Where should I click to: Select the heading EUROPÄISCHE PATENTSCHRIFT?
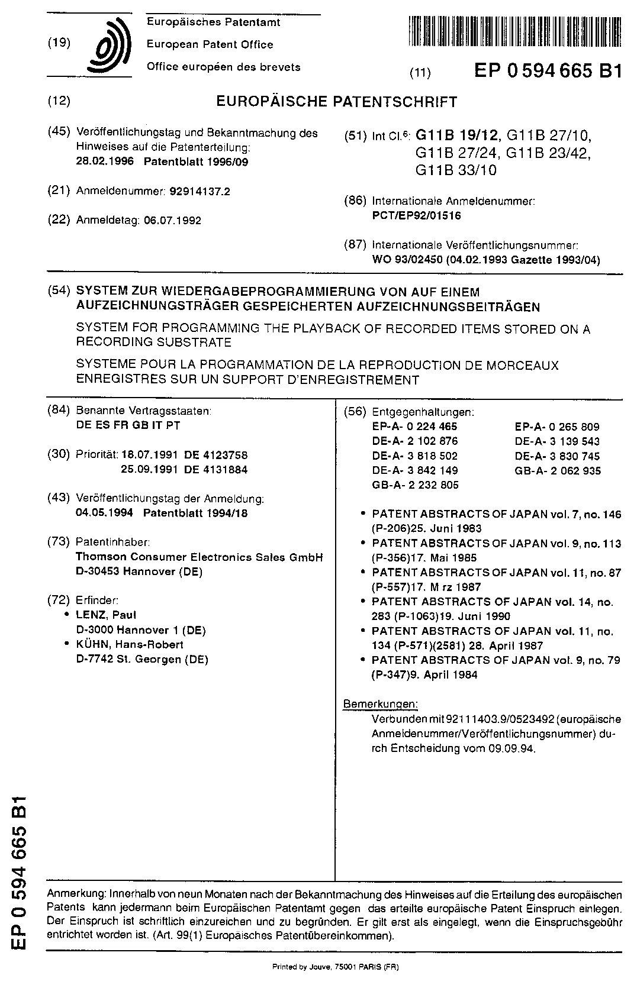(336, 102)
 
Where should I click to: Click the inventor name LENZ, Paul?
(107, 615)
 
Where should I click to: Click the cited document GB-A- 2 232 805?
(415, 485)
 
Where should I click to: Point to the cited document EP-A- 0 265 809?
(557, 427)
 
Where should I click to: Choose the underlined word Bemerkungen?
(381, 704)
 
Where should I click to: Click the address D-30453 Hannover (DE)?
(139, 572)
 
